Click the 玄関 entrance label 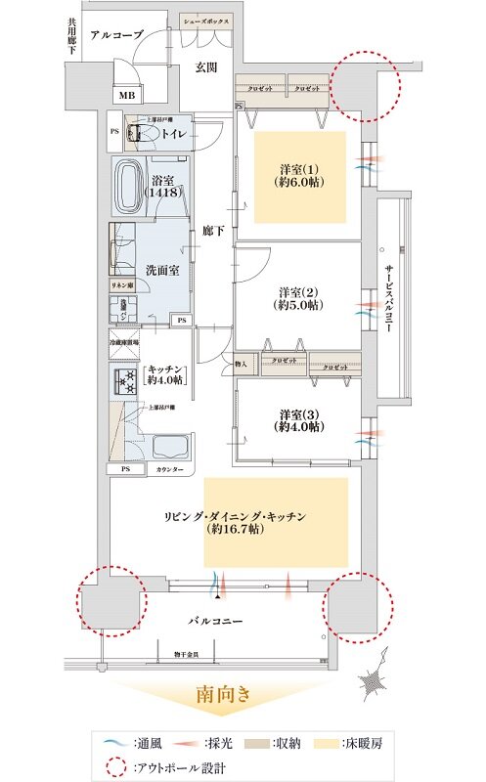click(x=205, y=67)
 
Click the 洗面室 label click(x=161, y=269)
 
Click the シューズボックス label click(x=206, y=20)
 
